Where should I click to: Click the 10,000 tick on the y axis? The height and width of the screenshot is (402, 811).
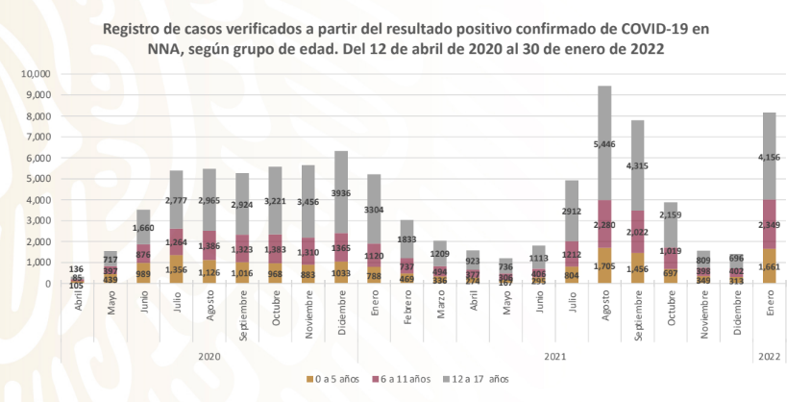coord(36,74)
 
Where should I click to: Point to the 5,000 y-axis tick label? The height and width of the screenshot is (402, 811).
coord(38,179)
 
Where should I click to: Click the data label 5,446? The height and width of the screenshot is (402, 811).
coord(605,144)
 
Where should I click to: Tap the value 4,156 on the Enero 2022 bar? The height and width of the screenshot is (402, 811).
coord(770,158)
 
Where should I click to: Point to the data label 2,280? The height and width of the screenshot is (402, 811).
coord(605,226)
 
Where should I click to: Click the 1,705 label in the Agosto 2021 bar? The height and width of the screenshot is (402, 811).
coord(605,264)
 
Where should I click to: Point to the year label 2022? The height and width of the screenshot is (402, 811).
coord(770,355)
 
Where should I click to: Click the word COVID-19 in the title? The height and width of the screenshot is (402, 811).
coord(651,30)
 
